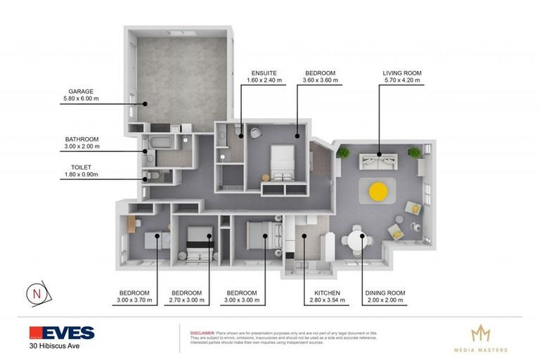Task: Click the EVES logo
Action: tap(62, 333)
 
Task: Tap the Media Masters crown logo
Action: tap(480, 333)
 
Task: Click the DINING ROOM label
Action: tap(385, 292)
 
